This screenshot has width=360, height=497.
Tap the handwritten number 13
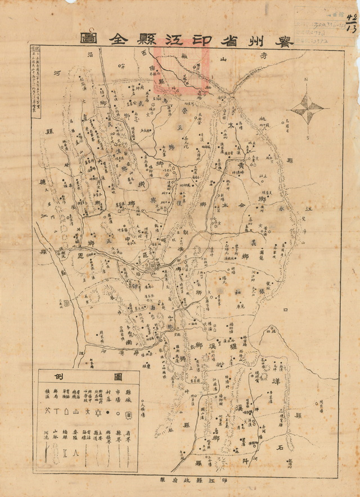pyautogui.click(x=352, y=28)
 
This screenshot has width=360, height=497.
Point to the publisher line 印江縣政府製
pyautogui.click(x=180, y=480)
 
